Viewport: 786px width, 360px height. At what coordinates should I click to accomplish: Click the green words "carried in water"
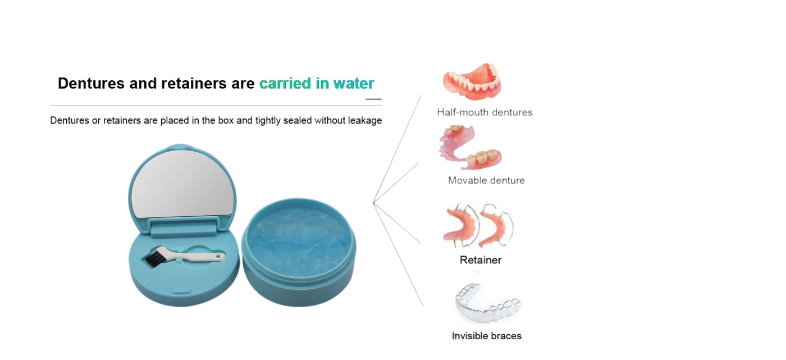click(x=317, y=84)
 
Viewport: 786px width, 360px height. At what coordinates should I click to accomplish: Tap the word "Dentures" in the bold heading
click(x=91, y=84)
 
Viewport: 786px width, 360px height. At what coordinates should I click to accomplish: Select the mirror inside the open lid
click(x=184, y=184)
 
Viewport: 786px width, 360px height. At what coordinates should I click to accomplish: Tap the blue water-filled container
click(x=299, y=252)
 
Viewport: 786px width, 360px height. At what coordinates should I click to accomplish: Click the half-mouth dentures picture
click(x=472, y=81)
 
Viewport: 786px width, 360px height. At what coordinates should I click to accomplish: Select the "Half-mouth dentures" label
click(x=485, y=112)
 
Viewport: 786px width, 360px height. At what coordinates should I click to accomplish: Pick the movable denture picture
click(x=470, y=147)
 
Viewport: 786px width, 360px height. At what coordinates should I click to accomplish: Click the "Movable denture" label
click(x=486, y=180)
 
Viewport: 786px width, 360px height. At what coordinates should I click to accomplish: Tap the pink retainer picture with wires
click(x=478, y=225)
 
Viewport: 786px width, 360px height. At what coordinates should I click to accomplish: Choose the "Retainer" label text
click(x=481, y=260)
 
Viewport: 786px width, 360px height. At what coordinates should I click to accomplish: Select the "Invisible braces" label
click(x=487, y=336)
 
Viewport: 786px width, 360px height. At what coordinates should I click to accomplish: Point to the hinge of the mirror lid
click(x=184, y=227)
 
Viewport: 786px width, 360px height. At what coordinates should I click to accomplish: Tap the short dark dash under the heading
click(x=373, y=99)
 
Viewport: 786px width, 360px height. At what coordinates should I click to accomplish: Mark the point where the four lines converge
click(x=373, y=202)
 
